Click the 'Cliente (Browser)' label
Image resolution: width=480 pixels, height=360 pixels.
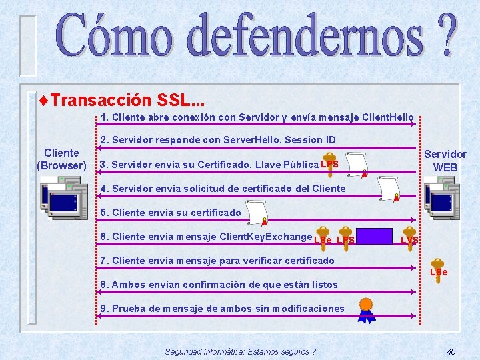coord(61,159)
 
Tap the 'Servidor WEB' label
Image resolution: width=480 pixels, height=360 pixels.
coord(445,161)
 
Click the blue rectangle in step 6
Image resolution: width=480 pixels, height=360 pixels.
coord(374,237)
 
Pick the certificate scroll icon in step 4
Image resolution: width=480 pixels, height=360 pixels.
coord(388,189)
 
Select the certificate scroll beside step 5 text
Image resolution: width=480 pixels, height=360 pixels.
coord(255,213)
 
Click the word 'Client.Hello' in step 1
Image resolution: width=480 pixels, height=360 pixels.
coord(388,117)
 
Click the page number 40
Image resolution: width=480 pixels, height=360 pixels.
coord(451,351)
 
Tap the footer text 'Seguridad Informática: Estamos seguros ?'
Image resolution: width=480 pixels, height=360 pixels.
coord(240,351)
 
